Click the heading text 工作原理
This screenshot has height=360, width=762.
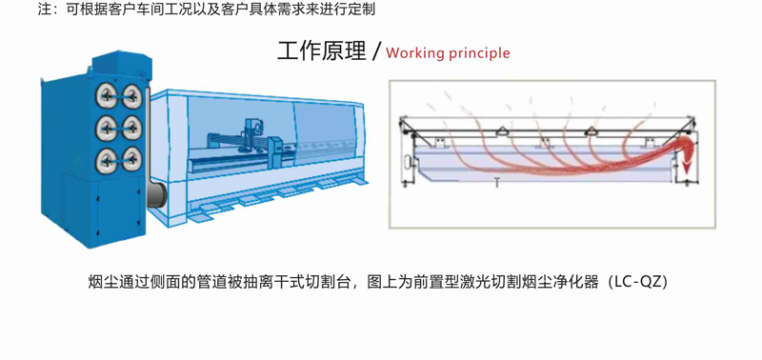point(321,51)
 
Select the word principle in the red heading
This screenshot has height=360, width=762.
point(479,53)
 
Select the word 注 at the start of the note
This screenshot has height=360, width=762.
point(44,10)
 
